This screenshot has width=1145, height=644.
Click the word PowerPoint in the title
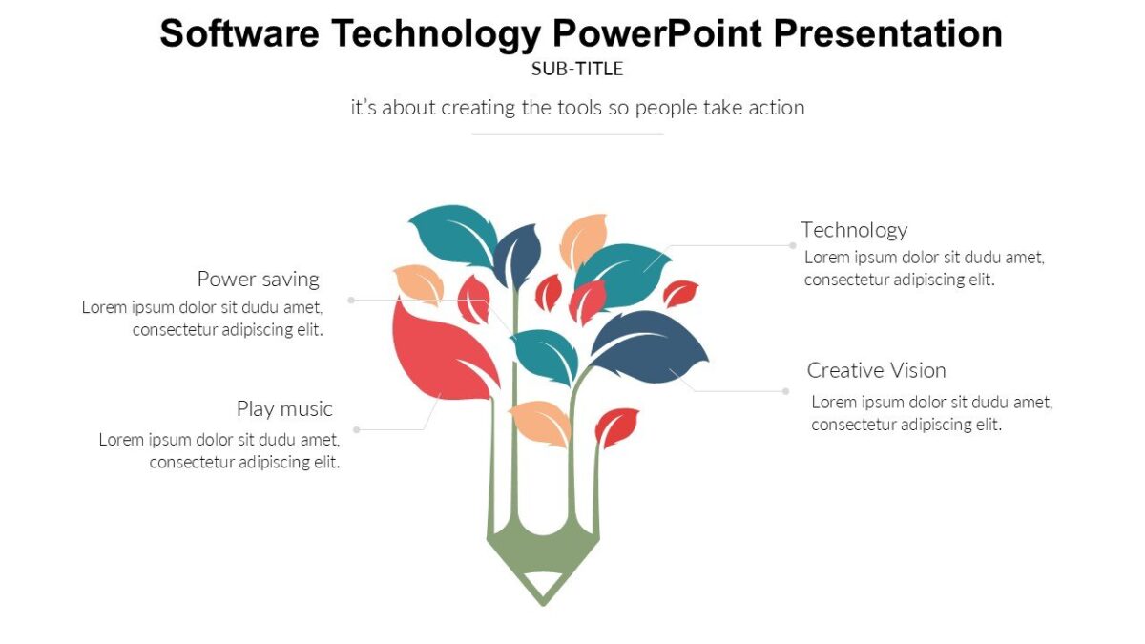click(x=657, y=33)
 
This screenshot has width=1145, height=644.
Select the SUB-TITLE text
click(x=577, y=69)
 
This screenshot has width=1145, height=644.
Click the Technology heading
click(x=854, y=230)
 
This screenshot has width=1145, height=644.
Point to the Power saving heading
click(x=258, y=280)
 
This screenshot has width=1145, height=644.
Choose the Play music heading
click(x=284, y=409)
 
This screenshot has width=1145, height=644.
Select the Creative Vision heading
click(x=876, y=370)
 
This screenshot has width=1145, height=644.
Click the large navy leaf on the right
click(x=649, y=343)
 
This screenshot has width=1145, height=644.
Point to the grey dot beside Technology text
click(x=793, y=245)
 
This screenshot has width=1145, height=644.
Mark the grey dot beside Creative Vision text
click(x=785, y=391)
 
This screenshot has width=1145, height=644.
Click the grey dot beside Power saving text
click(x=351, y=300)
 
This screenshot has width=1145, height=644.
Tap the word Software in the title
click(x=239, y=33)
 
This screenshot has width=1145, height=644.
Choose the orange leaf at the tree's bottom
click(x=541, y=422)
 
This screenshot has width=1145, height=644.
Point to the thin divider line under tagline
click(x=568, y=134)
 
